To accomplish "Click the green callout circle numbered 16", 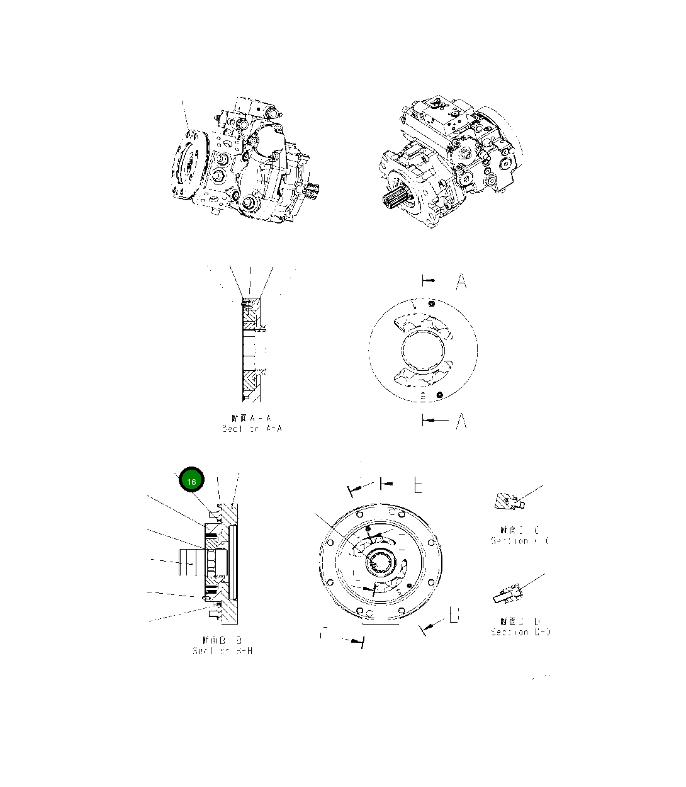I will [192, 481].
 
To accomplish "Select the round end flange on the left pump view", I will [188, 164].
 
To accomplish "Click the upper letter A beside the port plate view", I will [461, 281].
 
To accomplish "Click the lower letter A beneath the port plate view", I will [461, 421].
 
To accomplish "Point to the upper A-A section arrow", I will [429, 280].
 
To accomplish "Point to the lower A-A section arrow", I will [434, 420].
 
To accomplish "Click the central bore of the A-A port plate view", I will [423, 349].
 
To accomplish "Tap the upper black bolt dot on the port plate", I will [430, 304].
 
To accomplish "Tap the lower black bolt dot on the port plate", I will [441, 394].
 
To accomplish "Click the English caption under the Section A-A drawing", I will [252, 429].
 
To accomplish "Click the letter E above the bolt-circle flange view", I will [418, 485].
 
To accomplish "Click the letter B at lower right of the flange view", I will [454, 615].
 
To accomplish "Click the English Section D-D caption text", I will [520, 631].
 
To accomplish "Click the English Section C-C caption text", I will [520, 541].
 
